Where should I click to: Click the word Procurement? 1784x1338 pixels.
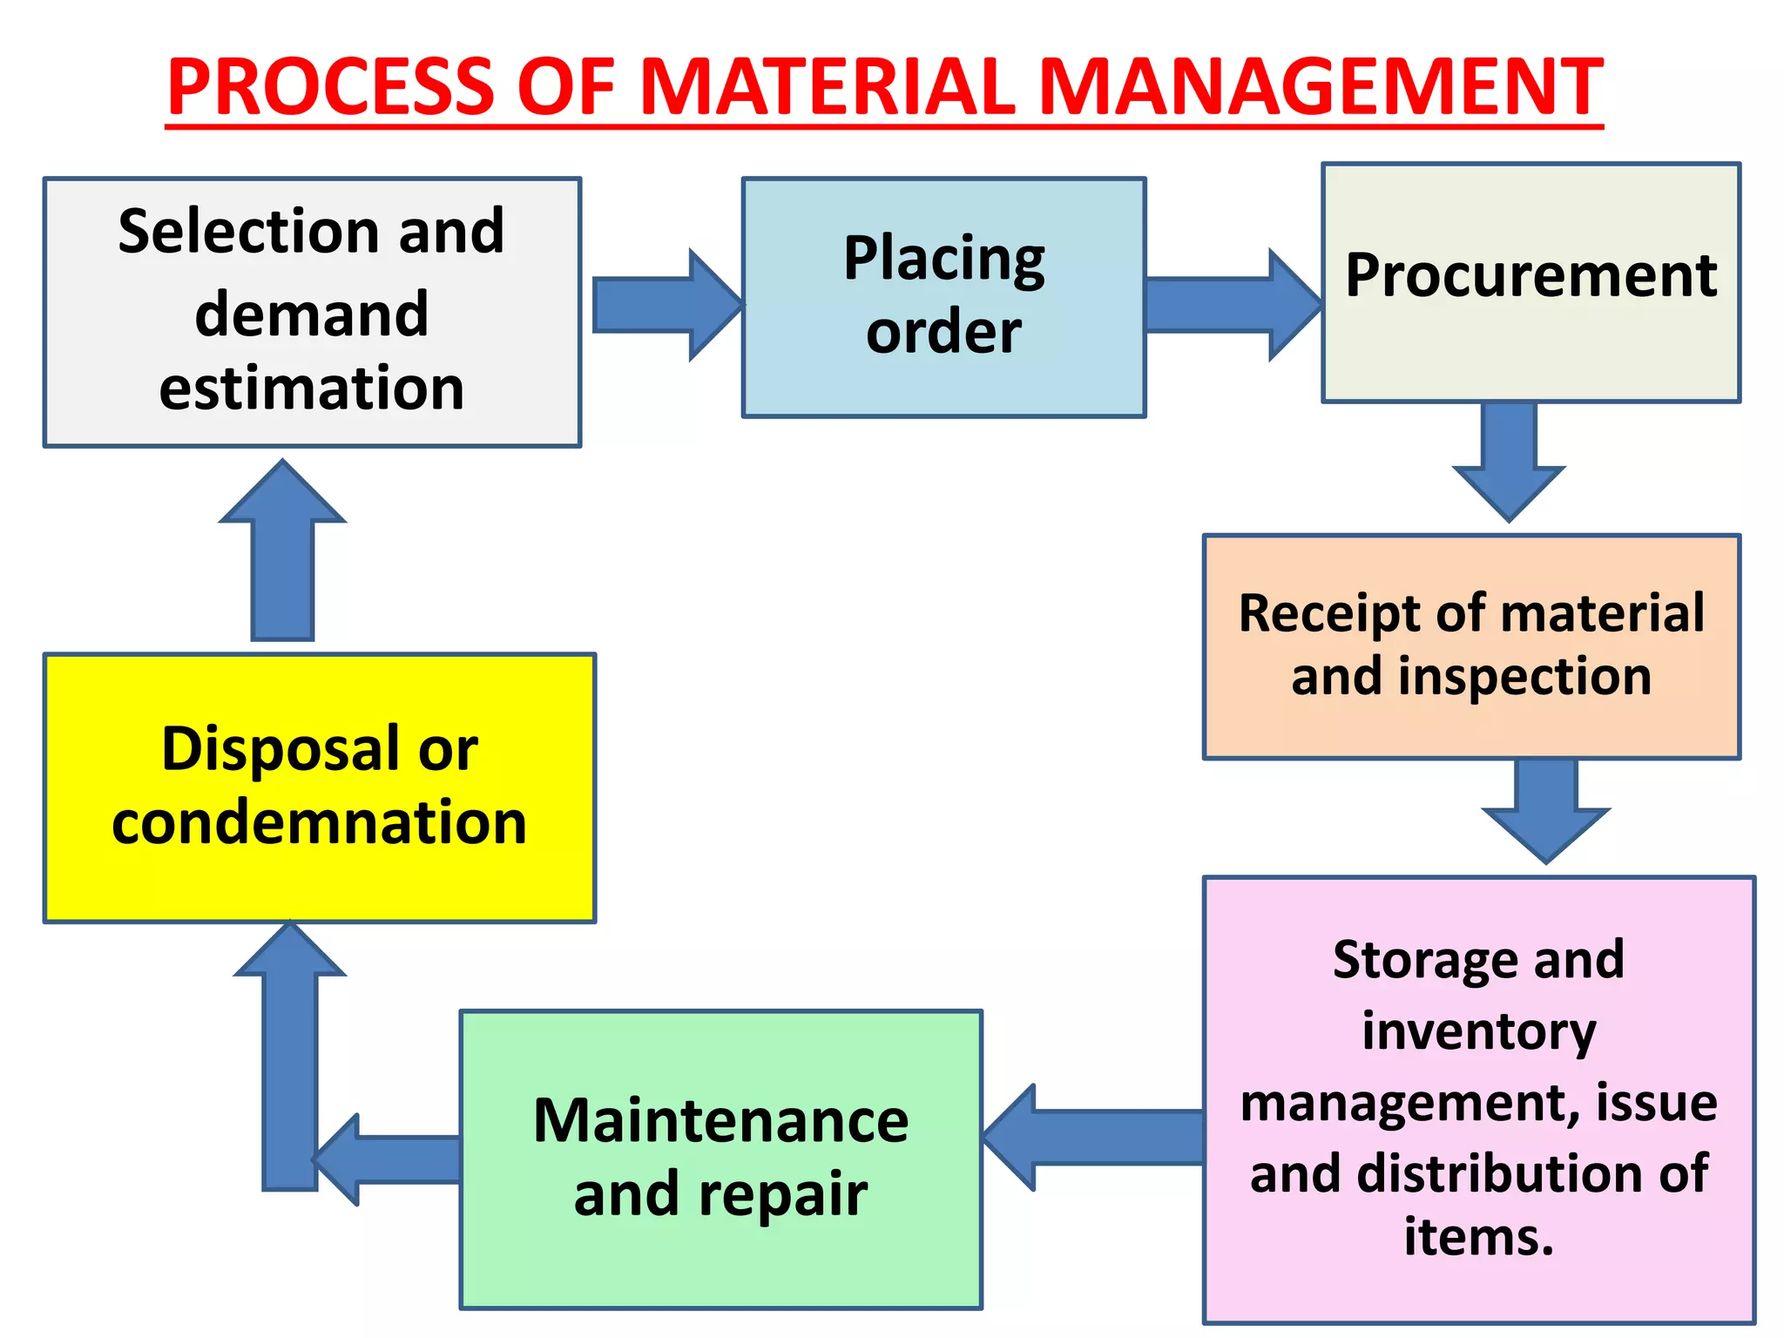click(1531, 276)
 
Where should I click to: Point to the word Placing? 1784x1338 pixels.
click(944, 259)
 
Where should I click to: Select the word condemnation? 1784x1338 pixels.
click(320, 822)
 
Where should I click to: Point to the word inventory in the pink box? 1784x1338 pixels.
click(1478, 1031)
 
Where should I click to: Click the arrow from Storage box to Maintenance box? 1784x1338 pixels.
click(1093, 1137)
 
